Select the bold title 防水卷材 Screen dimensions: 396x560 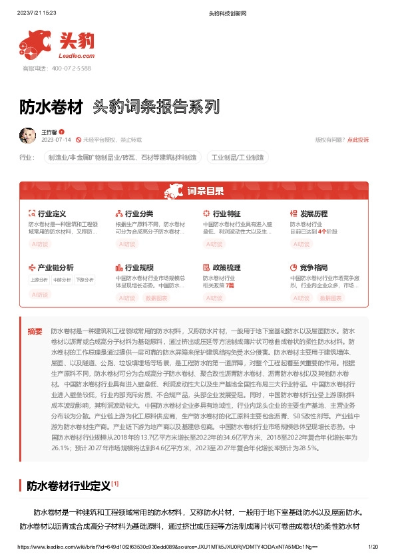[x=51, y=106]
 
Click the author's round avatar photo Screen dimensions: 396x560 [x=27, y=136]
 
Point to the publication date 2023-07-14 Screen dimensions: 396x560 [x=56, y=140]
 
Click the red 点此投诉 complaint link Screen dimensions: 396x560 [x=357, y=140]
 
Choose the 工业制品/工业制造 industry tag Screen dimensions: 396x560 [x=239, y=158]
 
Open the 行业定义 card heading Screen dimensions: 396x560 [x=51, y=214]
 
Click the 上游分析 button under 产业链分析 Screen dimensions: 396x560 [x=39, y=280]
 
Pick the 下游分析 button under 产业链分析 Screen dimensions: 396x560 [x=85, y=280]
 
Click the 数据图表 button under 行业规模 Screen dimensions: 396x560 [x=156, y=298]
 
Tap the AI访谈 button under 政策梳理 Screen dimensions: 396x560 [x=214, y=298]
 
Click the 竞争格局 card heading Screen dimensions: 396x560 [x=313, y=267]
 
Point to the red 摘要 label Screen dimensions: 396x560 [x=35, y=331]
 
